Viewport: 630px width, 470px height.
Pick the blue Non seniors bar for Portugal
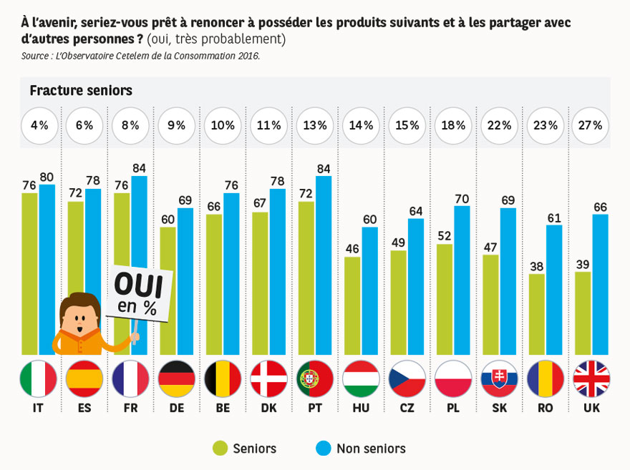(x=324, y=265)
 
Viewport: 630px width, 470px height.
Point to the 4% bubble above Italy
(x=39, y=125)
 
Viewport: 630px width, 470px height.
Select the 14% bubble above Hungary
(x=361, y=125)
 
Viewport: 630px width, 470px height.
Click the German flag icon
(x=177, y=378)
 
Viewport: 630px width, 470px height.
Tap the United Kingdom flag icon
(x=591, y=378)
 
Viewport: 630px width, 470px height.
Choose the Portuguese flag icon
(x=315, y=378)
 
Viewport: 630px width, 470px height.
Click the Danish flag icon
(x=269, y=378)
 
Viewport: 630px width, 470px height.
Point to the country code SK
(x=499, y=408)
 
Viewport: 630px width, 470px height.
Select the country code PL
(x=453, y=408)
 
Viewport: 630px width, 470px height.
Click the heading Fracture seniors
(x=81, y=91)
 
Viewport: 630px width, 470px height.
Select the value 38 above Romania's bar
(x=536, y=265)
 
